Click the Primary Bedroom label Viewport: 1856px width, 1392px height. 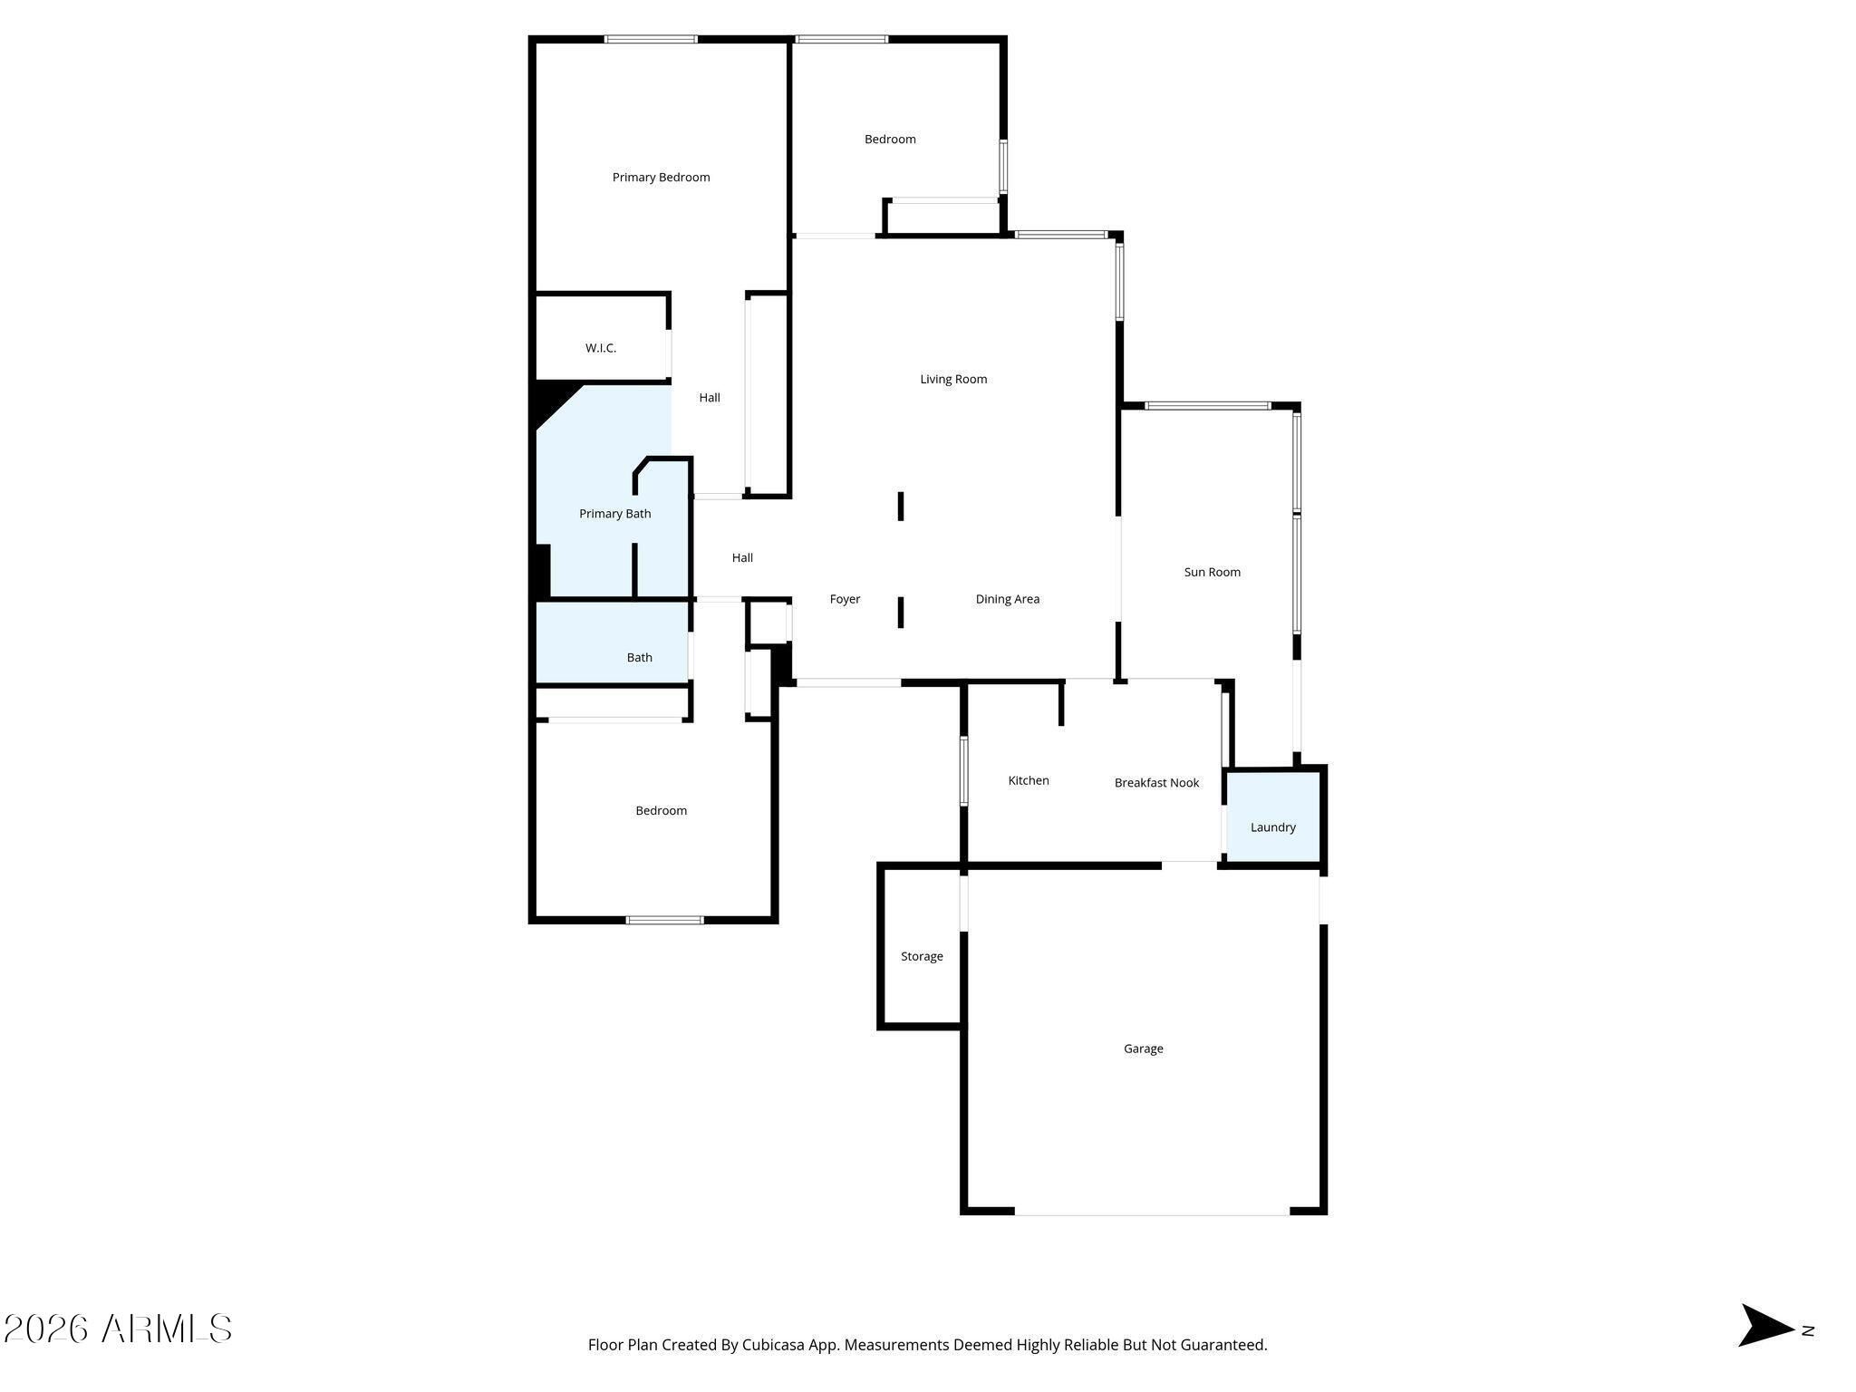coord(661,178)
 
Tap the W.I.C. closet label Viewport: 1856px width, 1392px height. coord(601,348)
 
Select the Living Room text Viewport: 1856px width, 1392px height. coord(953,379)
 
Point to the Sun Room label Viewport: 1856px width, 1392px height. coord(1212,572)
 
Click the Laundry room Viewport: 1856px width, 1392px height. coord(1272,817)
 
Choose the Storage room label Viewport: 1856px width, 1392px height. coord(922,956)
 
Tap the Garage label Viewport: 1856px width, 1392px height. coord(1143,1049)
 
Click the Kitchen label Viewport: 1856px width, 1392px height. coord(1029,780)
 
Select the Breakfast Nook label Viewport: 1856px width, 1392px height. coord(1156,783)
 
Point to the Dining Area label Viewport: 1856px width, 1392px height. coord(1007,599)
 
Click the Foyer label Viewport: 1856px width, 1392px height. coord(845,599)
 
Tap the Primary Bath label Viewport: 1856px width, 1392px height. coord(614,514)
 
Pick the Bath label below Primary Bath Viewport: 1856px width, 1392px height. coord(639,658)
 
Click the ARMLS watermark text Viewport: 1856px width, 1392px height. coord(118,1329)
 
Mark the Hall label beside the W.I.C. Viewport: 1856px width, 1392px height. coord(710,397)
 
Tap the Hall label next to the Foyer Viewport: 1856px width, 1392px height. coord(742,558)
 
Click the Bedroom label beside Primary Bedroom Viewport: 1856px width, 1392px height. coord(890,140)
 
